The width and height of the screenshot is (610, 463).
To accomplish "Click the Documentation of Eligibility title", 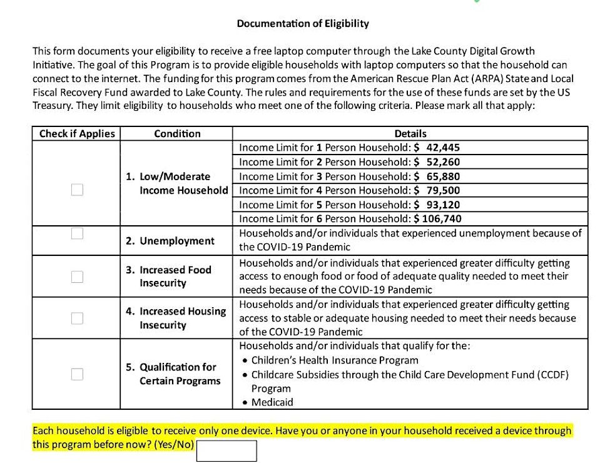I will click(303, 24).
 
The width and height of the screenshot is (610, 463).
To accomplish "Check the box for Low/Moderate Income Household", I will click(77, 190).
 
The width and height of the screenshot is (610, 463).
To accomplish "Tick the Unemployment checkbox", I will click(77, 233).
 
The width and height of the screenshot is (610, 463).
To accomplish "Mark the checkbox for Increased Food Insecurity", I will click(77, 277).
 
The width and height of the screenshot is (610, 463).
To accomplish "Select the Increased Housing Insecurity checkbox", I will click(77, 318).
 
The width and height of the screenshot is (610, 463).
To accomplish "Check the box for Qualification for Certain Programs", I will click(77, 374).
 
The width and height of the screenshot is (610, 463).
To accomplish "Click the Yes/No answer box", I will click(226, 450).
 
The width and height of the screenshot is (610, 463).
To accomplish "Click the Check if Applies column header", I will click(77, 134).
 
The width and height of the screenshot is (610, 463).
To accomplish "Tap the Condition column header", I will click(177, 134).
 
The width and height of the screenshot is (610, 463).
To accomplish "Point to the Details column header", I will click(410, 134).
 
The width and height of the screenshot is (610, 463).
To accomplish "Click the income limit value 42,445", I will click(443, 148).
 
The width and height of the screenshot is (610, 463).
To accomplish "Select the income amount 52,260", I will click(443, 162).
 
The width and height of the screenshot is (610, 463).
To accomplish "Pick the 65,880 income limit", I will click(443, 176).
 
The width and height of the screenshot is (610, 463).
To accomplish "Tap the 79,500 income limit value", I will click(443, 190).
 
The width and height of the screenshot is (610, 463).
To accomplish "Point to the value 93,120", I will click(443, 205).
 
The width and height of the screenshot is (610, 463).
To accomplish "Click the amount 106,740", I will click(440, 219).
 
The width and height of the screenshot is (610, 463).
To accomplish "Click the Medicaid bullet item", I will click(272, 402).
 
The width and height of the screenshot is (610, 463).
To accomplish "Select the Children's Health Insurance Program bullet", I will click(335, 360).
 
